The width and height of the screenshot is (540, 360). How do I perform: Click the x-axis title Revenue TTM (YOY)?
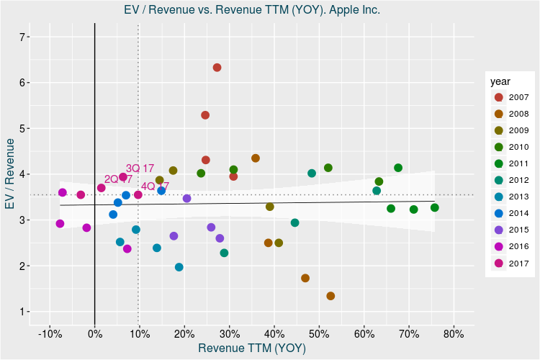coord(252,348)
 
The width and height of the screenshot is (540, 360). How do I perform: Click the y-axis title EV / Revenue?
coord(10,175)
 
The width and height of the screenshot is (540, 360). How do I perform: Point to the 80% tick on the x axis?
coord(454,333)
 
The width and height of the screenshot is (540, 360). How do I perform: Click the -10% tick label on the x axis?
coord(49,333)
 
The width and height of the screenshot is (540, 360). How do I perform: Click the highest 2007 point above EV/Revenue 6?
coord(217,68)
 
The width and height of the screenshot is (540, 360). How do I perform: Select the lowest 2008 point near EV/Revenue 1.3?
coord(330,296)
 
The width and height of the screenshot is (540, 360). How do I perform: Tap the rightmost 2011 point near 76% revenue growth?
coord(435,208)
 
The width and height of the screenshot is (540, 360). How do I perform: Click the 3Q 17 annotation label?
coord(140,168)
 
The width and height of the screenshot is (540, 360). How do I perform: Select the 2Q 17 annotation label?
coord(118,179)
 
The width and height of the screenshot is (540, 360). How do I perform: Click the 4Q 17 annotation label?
coord(155,186)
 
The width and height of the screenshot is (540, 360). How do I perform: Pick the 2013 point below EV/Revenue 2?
coord(179,267)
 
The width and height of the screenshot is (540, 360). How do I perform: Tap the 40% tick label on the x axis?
coord(274,333)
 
